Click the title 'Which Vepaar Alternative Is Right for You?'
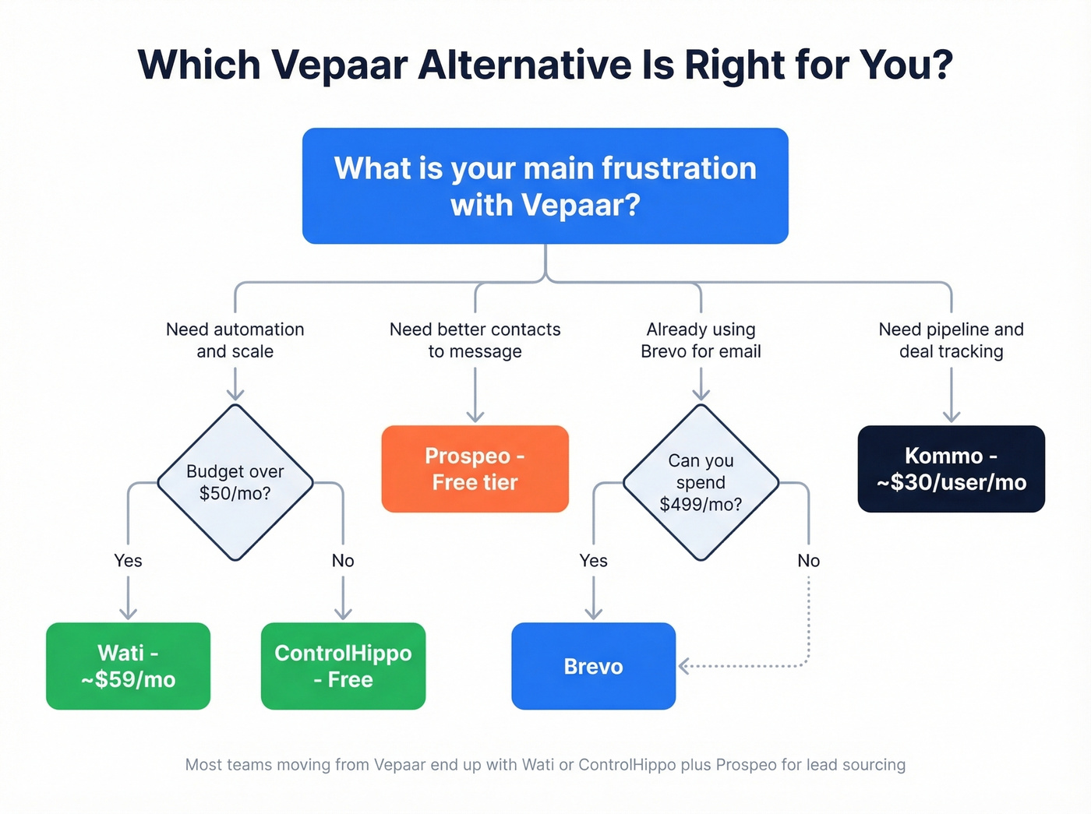545,65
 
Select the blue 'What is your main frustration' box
545,186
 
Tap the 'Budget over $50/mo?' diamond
235,482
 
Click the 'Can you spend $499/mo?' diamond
701,482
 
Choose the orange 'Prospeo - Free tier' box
475,469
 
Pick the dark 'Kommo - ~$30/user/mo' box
951,469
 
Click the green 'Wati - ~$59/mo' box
129,666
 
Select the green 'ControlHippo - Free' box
343,666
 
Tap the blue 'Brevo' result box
593,666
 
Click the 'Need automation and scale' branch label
235,340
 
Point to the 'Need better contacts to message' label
475,340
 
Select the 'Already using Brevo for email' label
701,340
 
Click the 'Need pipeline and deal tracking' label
951,340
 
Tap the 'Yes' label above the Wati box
128,561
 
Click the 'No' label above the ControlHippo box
343,561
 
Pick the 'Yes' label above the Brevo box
593,561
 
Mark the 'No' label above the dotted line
808,561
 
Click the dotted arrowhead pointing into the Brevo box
684,666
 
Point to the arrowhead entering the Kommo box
951,417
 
